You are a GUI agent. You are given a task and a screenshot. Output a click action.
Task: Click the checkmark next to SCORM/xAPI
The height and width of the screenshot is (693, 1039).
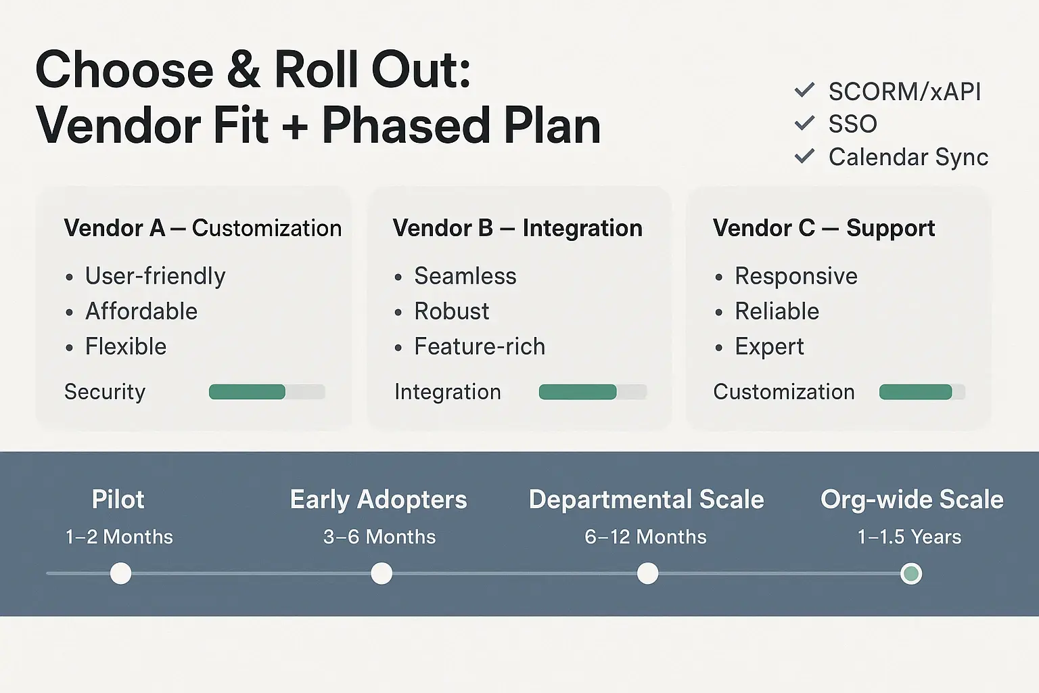[804, 90]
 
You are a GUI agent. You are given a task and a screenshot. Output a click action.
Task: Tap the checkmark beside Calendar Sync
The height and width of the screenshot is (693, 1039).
[804, 156]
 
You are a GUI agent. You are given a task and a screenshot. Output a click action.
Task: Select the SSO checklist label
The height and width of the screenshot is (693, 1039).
[852, 124]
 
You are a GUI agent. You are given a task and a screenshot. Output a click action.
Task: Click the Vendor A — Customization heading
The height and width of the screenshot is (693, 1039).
[202, 228]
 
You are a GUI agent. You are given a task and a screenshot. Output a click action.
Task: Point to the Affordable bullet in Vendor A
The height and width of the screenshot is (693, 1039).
[141, 311]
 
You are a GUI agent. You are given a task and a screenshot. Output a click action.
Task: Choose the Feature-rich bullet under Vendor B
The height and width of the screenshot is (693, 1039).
[479, 346]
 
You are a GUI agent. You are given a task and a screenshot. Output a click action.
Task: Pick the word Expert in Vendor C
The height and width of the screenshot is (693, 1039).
[769, 346]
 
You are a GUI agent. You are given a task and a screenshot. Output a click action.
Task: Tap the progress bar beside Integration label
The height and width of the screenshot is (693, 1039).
[592, 392]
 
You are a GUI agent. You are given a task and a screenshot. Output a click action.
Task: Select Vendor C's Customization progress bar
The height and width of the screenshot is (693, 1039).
[921, 392]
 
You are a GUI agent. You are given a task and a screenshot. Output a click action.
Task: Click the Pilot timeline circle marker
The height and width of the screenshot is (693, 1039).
[120, 573]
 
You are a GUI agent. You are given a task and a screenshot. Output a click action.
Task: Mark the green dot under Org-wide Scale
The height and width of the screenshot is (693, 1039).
[911, 573]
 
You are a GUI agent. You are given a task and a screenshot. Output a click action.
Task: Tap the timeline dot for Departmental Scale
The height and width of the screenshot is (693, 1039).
[647, 573]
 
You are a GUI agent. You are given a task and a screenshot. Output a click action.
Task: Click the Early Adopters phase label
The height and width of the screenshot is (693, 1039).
[378, 499]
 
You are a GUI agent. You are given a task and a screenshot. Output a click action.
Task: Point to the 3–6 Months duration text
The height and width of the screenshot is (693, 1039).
[379, 537]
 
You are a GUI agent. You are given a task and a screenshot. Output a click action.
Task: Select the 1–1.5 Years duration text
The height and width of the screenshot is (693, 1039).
[909, 537]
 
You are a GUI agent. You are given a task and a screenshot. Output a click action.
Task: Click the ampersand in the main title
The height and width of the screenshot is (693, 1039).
[244, 70]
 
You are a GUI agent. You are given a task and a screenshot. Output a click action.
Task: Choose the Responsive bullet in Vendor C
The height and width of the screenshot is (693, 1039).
[795, 276]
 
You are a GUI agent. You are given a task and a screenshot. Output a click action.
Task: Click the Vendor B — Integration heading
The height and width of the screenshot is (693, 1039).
[517, 228]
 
